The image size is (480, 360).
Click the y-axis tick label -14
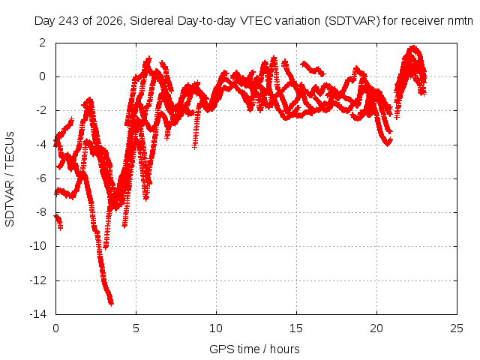[37, 314]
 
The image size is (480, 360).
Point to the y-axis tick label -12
[37, 280]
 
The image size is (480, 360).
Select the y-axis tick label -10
[37, 246]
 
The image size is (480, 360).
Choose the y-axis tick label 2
[43, 43]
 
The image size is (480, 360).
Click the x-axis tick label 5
[136, 328]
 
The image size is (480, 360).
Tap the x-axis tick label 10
[216, 328]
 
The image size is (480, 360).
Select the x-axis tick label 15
[296, 328]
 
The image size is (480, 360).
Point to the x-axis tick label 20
[376, 328]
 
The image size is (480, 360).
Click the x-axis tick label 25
[457, 328]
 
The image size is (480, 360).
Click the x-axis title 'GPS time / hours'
[254, 349]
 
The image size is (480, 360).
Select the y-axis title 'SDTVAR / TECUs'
[10, 179]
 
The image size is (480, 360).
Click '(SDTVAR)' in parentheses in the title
[352, 21]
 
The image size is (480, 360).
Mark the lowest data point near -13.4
[111, 303]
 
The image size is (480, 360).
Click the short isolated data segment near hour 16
[313, 68]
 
